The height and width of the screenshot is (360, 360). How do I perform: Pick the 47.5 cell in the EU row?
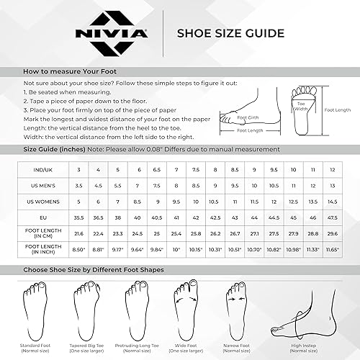pyautogui.click(x=332, y=217)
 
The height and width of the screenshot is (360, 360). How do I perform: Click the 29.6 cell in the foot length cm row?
pyautogui.click(x=332, y=233)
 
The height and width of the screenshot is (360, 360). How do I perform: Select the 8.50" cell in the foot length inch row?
pyautogui.click(x=79, y=250)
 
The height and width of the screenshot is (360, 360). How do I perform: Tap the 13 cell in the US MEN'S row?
pyautogui.click(x=332, y=185)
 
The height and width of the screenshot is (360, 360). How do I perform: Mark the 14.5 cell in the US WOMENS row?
pyautogui.click(x=332, y=201)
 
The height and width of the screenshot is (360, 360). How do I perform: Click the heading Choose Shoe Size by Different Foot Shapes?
pyautogui.click(x=94, y=269)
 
